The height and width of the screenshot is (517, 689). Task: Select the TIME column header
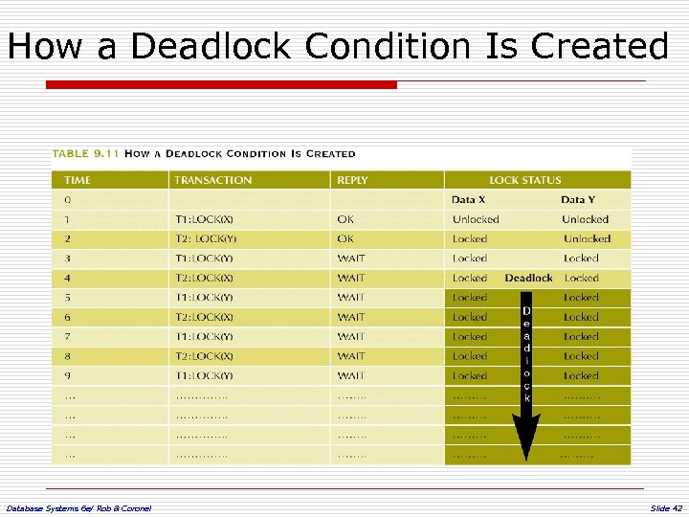[x=78, y=180]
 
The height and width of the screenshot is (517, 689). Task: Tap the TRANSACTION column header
[x=213, y=180]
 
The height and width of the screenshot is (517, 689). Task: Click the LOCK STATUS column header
[x=525, y=180]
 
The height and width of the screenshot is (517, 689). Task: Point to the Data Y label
[x=578, y=200]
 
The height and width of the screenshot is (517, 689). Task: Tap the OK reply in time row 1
[x=345, y=219]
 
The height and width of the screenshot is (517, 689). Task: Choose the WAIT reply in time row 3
[x=351, y=258]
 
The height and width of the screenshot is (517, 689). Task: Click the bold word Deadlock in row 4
[x=528, y=279]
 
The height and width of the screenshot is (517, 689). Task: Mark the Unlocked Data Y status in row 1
[x=585, y=219]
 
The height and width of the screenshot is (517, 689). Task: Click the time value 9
[x=67, y=376]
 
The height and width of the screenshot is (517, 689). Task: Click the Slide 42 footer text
[x=666, y=507]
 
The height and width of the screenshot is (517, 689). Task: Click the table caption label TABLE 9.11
[x=84, y=153]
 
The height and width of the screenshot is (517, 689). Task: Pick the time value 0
[x=67, y=200]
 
